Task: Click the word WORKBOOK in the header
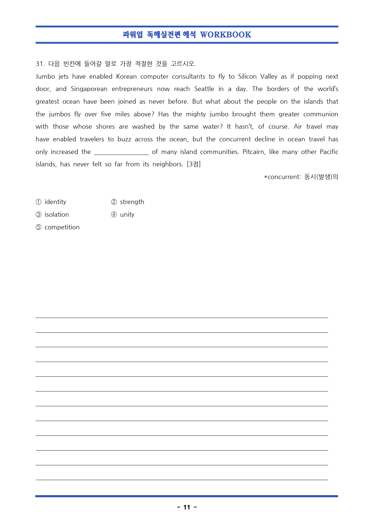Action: pyautogui.click(x=225, y=35)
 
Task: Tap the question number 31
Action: pyautogui.click(x=40, y=64)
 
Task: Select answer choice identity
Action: pyautogui.click(x=55, y=202)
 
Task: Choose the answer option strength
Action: pyautogui.click(x=132, y=202)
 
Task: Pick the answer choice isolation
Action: pyautogui.click(x=57, y=215)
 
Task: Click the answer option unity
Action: pyautogui.click(x=127, y=215)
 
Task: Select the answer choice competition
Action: pyautogui.click(x=62, y=227)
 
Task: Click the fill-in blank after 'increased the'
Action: pyautogui.click(x=121, y=152)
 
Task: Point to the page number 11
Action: pyautogui.click(x=187, y=507)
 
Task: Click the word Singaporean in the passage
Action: pyautogui.click(x=89, y=89)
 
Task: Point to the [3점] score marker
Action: pyautogui.click(x=194, y=164)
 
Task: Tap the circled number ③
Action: pyautogui.click(x=39, y=215)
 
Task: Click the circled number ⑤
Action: pyautogui.click(x=39, y=227)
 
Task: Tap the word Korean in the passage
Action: pyautogui.click(x=126, y=77)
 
